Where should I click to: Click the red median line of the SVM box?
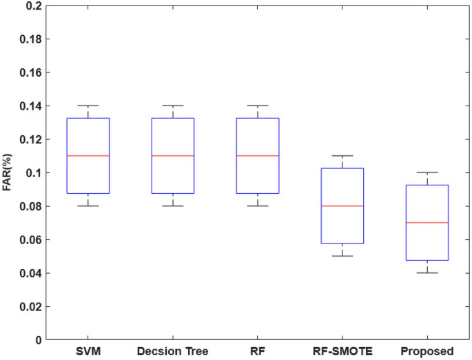click(x=88, y=156)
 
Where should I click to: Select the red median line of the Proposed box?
click(x=427, y=223)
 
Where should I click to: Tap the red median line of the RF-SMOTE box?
click(x=342, y=206)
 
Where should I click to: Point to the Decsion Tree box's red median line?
click(x=173, y=156)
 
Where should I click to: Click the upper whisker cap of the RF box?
click(x=258, y=106)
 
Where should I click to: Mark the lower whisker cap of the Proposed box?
click(x=427, y=273)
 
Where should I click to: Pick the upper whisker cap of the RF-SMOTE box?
click(x=342, y=156)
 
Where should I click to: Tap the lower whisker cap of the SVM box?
click(x=88, y=206)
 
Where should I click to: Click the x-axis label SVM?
click(x=88, y=352)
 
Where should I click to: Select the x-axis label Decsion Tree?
click(x=173, y=352)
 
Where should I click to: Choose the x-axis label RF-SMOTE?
click(x=342, y=352)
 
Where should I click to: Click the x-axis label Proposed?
click(x=427, y=352)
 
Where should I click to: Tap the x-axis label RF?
click(x=258, y=352)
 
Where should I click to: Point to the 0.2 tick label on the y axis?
click(x=34, y=6)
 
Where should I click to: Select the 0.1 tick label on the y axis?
click(x=34, y=172)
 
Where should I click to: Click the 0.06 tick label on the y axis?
click(x=31, y=239)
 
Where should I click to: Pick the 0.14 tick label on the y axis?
click(x=31, y=106)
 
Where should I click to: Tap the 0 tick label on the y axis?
click(x=39, y=339)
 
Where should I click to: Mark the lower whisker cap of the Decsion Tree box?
click(x=173, y=206)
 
